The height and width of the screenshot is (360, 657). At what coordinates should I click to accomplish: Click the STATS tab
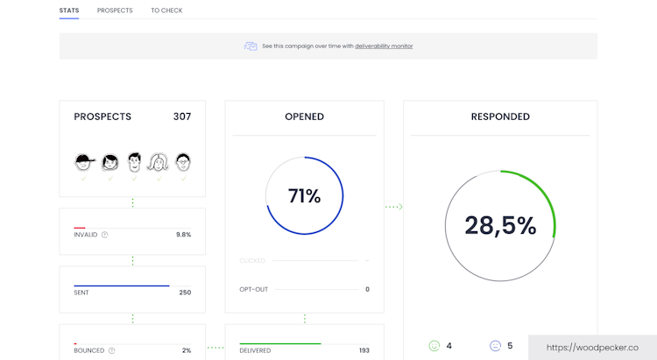[x=69, y=11]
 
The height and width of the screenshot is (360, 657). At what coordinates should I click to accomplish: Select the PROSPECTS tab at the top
[x=115, y=11]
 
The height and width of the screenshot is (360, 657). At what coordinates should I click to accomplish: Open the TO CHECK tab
[x=166, y=11]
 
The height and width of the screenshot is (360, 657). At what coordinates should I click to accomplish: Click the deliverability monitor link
[x=384, y=46]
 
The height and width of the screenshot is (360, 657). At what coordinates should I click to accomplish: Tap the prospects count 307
[x=181, y=116]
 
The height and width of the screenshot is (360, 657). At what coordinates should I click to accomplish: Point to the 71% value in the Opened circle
[x=304, y=196]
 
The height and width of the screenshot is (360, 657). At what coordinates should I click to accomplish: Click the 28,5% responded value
[x=500, y=226]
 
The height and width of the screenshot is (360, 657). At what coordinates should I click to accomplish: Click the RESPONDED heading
[x=500, y=116]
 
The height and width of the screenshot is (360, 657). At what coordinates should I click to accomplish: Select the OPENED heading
[x=304, y=116]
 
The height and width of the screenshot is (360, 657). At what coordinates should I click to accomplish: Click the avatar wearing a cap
[x=83, y=162]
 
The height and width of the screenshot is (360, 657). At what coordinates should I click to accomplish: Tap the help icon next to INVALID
[x=105, y=235]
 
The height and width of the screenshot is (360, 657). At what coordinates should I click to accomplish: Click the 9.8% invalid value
[x=183, y=235]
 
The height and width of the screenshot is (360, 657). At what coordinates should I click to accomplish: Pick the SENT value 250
[x=185, y=293]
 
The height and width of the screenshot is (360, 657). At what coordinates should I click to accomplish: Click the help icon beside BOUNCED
[x=111, y=350]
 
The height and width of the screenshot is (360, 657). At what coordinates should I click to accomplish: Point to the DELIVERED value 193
[x=364, y=350]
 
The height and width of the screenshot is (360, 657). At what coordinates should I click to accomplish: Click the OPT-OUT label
[x=253, y=289]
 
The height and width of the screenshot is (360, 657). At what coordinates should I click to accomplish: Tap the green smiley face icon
[x=434, y=346]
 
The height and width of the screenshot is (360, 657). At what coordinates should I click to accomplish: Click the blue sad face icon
[x=495, y=346]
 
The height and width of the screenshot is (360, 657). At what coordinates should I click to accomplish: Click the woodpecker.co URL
[x=592, y=347]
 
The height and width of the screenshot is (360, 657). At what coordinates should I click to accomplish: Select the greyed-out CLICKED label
[x=252, y=260]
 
